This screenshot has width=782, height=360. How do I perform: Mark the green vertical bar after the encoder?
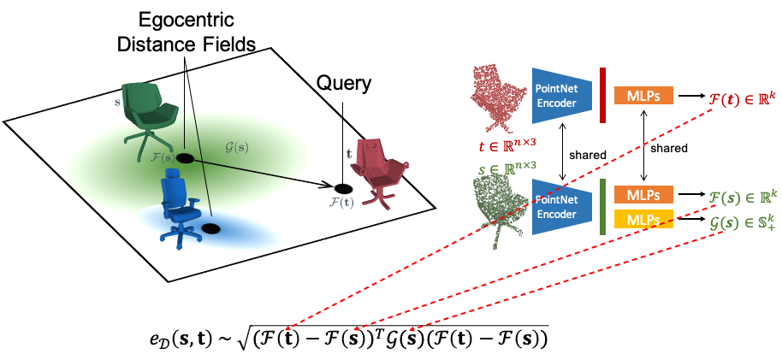pyautogui.click(x=603, y=206)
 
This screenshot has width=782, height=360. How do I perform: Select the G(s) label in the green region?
pyautogui.click(x=238, y=146)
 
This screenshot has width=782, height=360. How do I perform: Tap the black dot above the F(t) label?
pyautogui.click(x=342, y=186)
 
